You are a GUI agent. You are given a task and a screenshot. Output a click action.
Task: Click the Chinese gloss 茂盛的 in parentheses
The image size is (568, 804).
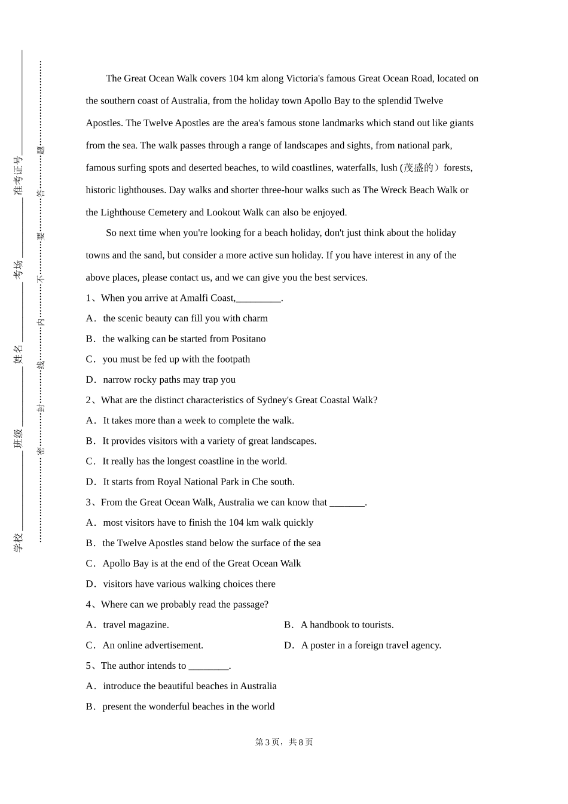click(x=419, y=167)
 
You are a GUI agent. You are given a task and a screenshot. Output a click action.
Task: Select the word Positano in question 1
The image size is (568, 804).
click(x=248, y=339)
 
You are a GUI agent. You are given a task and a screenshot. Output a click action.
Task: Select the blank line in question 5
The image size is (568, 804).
click(x=209, y=666)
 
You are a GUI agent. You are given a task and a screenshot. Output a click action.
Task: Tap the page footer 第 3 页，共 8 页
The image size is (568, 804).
click(x=284, y=742)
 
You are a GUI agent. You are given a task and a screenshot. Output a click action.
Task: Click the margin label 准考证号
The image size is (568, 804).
click(x=19, y=176)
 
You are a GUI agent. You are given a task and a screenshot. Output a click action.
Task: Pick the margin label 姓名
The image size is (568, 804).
click(x=19, y=354)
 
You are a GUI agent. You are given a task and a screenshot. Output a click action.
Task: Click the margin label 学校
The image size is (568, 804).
click(x=19, y=542)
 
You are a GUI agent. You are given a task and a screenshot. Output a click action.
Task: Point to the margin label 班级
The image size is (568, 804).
click(x=19, y=438)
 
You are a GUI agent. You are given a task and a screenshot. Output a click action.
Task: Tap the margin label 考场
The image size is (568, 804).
click(x=19, y=269)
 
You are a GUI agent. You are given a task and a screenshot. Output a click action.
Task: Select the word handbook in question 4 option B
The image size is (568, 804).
click(x=329, y=625)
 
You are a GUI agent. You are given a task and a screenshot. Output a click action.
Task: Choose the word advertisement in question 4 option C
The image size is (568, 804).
click(x=173, y=645)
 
